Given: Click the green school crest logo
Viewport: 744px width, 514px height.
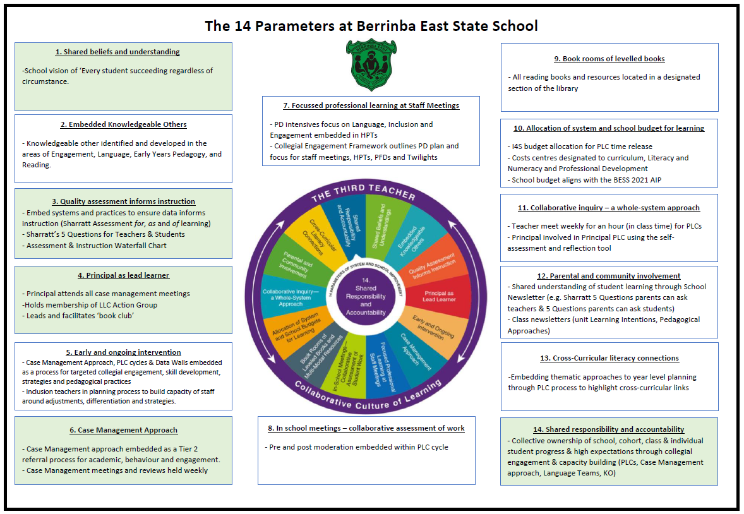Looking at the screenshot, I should coord(371,64).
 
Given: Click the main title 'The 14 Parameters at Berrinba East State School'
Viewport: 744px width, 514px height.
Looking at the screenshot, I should coord(371,26).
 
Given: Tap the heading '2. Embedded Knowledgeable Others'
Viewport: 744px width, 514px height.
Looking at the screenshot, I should coord(124,124).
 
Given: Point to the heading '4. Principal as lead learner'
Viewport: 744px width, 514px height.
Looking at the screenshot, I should coord(124,275).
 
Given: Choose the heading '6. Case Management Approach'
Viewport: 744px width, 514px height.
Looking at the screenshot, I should coord(124,430).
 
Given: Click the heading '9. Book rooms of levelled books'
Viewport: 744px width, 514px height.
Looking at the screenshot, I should coord(609,59).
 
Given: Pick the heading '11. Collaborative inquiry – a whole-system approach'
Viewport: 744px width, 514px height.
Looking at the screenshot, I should coord(609,208).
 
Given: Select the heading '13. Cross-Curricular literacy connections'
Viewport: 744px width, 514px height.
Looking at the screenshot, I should coord(609,358).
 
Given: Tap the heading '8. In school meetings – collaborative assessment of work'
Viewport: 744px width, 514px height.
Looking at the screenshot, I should coord(366,428).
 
